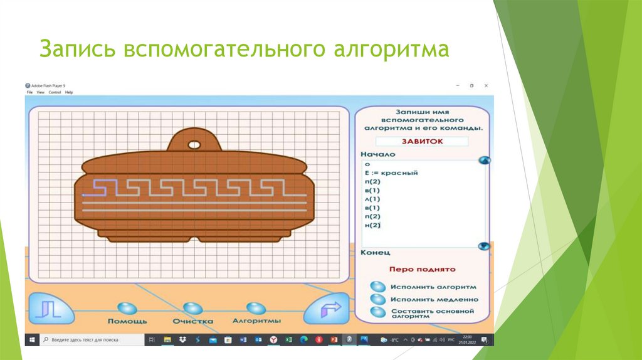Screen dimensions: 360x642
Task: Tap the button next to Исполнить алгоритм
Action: [x=378, y=286]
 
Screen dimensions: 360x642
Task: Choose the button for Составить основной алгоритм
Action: [x=378, y=312]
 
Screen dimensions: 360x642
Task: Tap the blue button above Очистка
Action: [x=192, y=308]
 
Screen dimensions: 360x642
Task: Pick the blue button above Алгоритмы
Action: [x=255, y=308]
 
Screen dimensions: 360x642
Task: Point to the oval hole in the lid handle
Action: [x=194, y=145]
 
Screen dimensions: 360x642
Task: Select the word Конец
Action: [x=375, y=252]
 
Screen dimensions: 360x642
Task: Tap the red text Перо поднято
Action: [x=422, y=269]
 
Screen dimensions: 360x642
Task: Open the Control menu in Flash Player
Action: [x=55, y=92]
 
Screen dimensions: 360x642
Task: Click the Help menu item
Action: [x=69, y=92]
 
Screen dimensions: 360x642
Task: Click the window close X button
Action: [x=486, y=85]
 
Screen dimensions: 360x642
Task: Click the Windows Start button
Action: [x=31, y=339]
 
